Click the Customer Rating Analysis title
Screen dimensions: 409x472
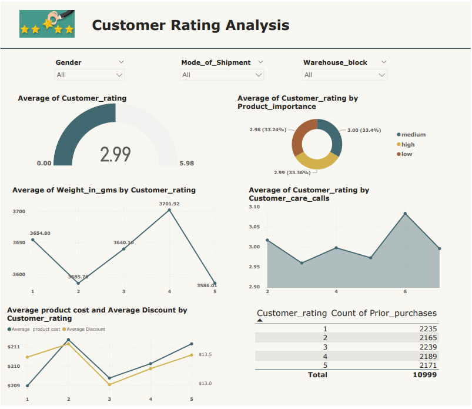(x=190, y=25)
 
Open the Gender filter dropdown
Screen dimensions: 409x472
(x=90, y=75)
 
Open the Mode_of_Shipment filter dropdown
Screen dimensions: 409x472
(x=222, y=75)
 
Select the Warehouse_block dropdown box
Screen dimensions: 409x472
(x=345, y=75)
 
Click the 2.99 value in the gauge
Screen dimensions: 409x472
(x=115, y=154)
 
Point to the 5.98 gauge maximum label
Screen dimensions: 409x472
(x=186, y=164)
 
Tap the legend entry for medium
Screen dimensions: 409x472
(x=413, y=135)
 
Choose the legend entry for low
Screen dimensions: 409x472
(x=407, y=154)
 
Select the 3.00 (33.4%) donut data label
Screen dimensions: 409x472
(x=364, y=130)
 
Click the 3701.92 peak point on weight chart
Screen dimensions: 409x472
(x=169, y=210)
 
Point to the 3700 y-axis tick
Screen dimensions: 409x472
(x=19, y=211)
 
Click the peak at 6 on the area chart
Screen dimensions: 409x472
(x=405, y=213)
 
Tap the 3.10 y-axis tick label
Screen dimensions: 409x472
(x=254, y=207)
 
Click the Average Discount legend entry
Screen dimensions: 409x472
(x=85, y=329)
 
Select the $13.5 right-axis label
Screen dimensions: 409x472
(x=205, y=355)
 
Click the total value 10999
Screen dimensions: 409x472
(x=424, y=374)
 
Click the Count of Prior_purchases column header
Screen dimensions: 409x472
(x=384, y=313)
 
